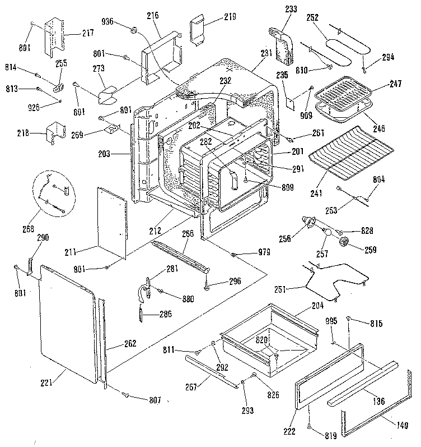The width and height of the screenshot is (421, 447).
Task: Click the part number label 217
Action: click(88, 33)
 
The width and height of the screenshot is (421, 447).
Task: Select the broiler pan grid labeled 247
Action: click(344, 93)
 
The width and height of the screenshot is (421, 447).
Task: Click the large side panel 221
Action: click(66, 325)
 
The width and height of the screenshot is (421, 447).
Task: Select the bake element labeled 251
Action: click(336, 278)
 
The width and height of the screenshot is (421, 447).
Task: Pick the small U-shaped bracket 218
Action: click(58, 133)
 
